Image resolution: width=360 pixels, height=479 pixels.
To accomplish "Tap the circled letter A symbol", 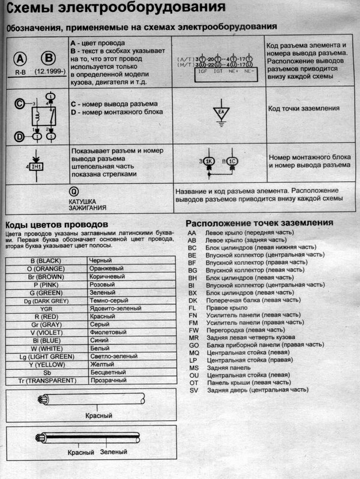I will (x=20, y=58).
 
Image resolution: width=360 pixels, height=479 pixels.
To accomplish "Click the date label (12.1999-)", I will (x=47, y=70).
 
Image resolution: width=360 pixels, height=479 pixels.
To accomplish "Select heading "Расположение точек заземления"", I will (x=259, y=222).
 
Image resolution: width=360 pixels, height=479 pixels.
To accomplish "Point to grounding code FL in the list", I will (x=193, y=306).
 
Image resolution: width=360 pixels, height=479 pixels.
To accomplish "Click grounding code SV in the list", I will (x=193, y=390).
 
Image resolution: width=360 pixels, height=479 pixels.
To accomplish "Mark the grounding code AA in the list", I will (x=193, y=232).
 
